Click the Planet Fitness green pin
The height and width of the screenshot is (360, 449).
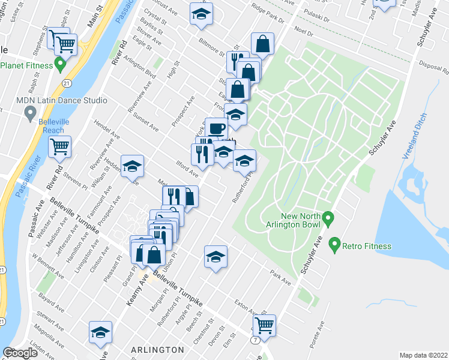59,64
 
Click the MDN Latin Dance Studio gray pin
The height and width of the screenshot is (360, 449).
29,112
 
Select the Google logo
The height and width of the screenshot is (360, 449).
20,353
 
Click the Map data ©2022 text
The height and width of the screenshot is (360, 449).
424,355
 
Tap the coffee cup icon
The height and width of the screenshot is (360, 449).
216,128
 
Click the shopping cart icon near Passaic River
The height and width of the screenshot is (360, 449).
59,146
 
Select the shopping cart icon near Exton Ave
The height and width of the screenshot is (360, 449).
264,325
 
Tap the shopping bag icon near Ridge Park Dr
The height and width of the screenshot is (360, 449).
262,43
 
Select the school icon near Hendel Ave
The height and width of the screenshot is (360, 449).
132,166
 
